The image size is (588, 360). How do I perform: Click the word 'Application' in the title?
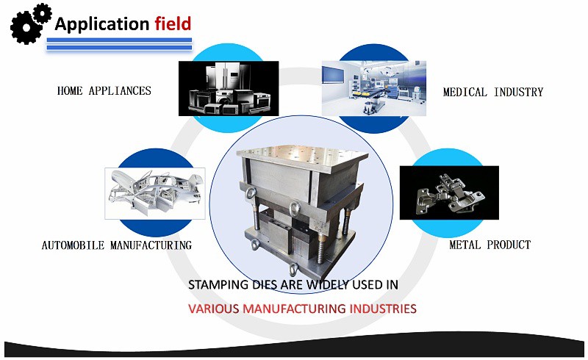coord(102,24)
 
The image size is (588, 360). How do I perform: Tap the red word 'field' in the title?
coord(173,24)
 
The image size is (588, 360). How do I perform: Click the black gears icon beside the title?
coord(30,22)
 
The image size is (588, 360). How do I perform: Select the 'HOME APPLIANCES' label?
coord(104,91)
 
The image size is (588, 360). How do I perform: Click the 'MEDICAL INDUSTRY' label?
coord(492,92)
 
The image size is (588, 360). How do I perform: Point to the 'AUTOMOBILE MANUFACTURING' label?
coord(116,245)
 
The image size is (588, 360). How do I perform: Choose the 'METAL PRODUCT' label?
coord(490,245)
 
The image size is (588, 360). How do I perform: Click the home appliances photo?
coord(228,88)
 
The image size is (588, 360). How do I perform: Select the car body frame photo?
coord(154,193)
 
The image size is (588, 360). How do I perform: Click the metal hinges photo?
coord(448,192)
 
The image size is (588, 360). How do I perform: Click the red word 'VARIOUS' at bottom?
coord(215,308)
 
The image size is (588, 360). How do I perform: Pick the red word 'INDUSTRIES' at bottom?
coord(376,308)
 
